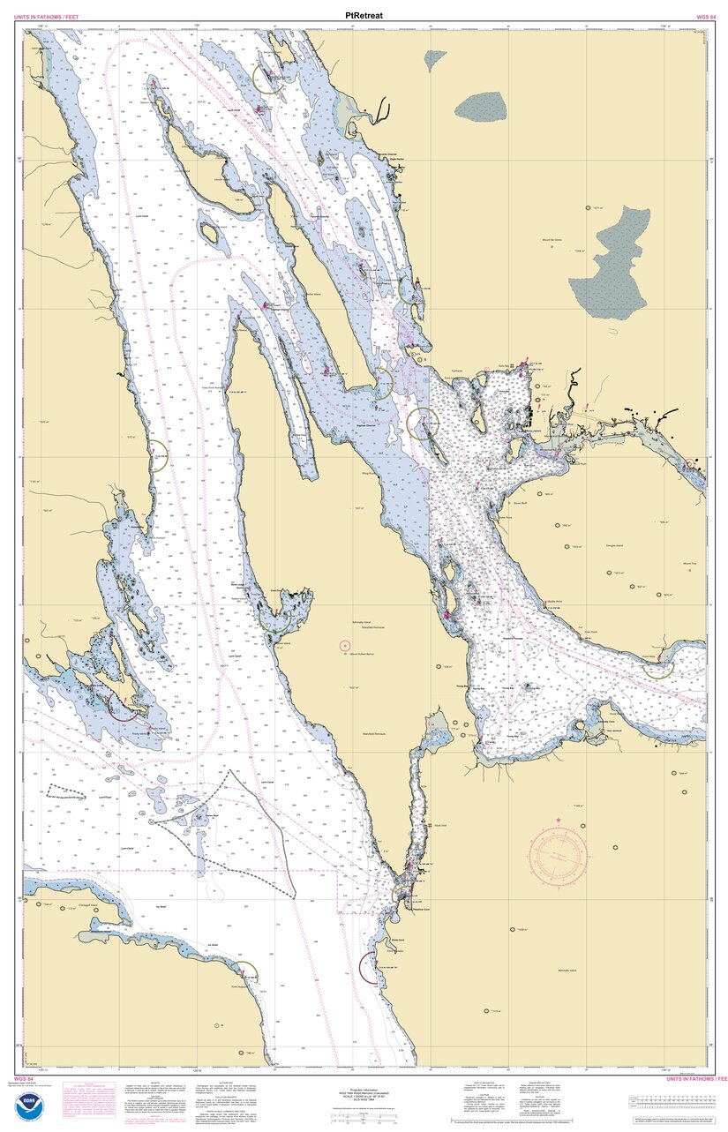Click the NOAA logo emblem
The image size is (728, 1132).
click(28, 1106)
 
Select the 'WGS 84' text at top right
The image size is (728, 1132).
click(705, 17)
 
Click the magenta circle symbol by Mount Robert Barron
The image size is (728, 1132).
click(344, 645)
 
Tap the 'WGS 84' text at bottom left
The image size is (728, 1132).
click(24, 1078)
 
